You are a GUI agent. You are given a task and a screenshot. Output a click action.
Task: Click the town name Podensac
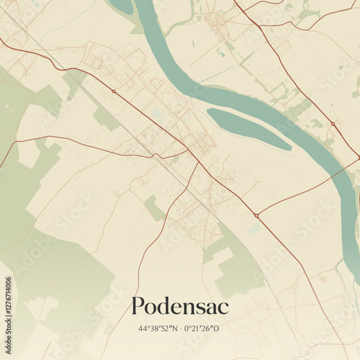coord(179,307)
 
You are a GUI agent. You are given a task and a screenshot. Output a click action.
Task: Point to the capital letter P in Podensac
coord(138,307)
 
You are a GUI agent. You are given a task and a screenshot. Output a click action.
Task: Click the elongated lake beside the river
coord(248,128)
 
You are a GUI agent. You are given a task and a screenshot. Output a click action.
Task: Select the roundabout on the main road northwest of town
coord(113,91)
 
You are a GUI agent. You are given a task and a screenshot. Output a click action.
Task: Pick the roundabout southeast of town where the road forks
coord(256,215)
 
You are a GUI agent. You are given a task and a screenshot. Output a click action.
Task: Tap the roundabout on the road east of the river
coord(333,124)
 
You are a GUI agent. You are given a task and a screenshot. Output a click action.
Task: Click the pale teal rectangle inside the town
coord(157,114)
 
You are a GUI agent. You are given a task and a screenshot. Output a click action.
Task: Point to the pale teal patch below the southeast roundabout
coord(253,229)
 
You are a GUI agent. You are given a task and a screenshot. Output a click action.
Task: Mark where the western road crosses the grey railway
coord(153,155)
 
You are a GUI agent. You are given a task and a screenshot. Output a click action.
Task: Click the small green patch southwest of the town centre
coord(154,207)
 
